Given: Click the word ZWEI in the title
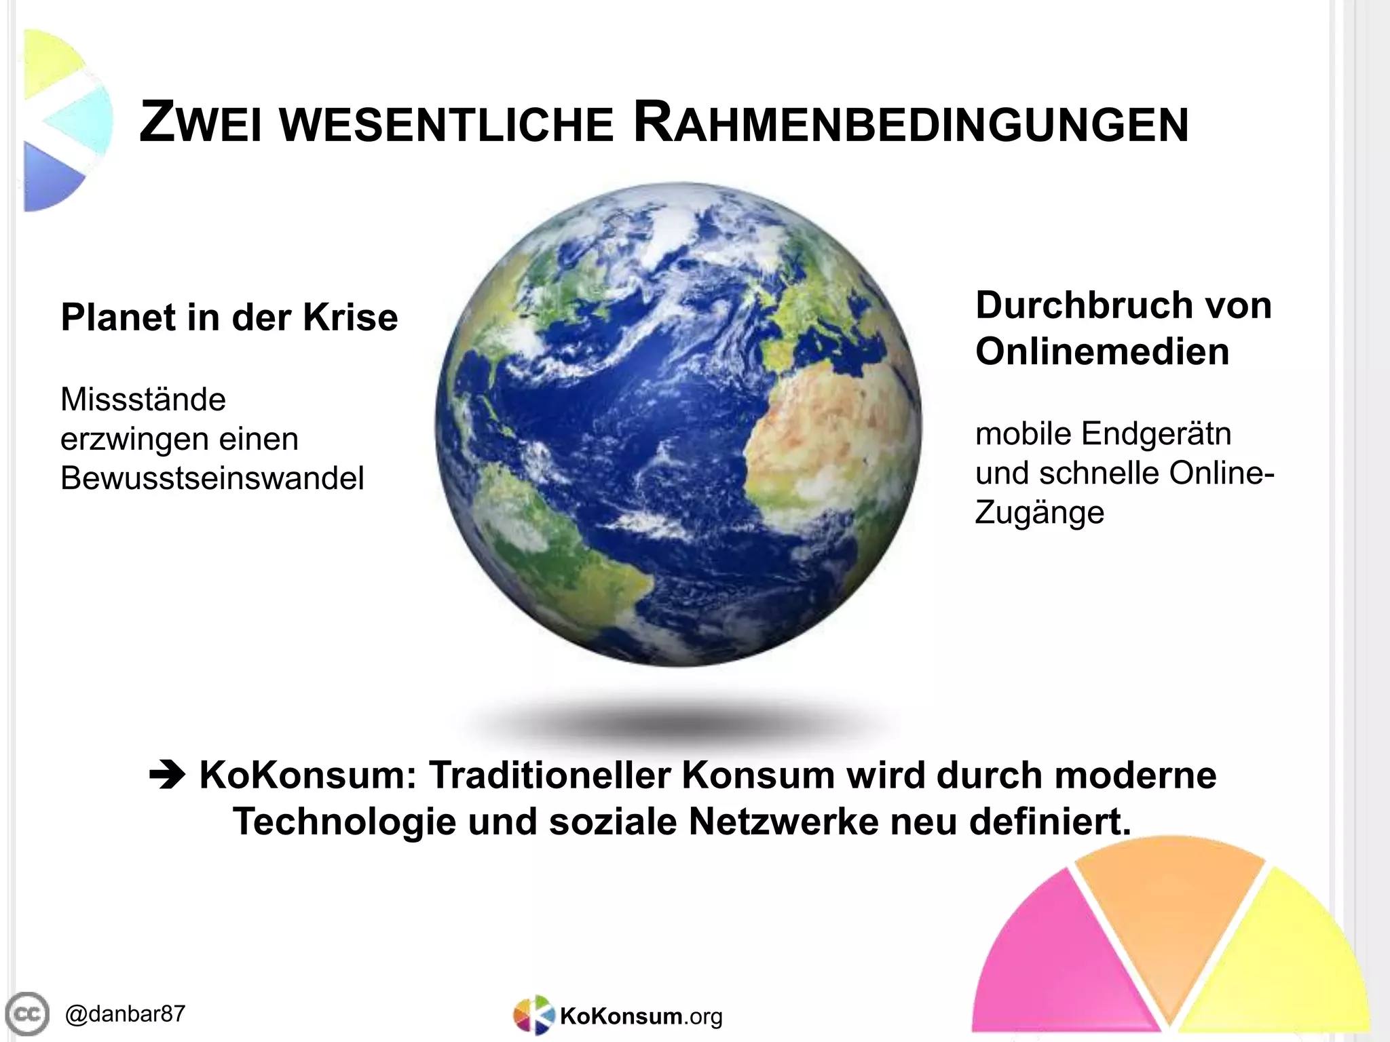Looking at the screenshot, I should coord(200,123).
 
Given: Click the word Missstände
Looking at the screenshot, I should coord(143,399).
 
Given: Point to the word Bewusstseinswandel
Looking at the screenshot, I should coord(212,478).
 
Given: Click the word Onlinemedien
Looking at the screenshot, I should coord(1102,351).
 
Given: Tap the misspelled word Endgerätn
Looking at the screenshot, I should coord(1157,433).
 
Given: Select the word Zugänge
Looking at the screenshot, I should coord(1039,513).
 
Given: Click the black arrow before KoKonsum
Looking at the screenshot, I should coord(167,776).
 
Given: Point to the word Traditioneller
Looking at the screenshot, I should coord(550,775).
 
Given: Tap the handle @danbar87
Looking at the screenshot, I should coord(125,1014).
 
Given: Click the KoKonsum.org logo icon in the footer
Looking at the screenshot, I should coord(533,1016).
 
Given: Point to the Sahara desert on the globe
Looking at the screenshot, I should coord(814,421).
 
